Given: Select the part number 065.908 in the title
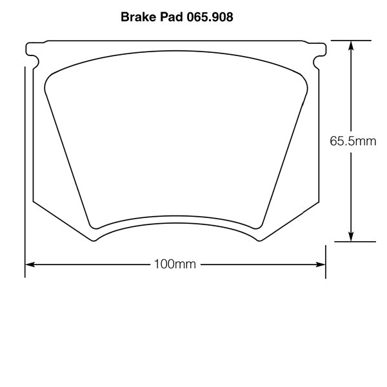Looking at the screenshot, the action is pyautogui.click(x=210, y=17).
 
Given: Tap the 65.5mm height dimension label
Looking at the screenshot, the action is pyautogui.click(x=353, y=141).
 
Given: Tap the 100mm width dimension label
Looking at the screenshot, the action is pyautogui.click(x=175, y=264).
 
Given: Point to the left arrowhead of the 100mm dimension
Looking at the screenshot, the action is pyautogui.click(x=30, y=264).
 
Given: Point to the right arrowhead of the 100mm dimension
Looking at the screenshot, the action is pyautogui.click(x=321, y=264).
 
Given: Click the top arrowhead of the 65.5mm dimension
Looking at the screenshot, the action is pyautogui.click(x=351, y=46).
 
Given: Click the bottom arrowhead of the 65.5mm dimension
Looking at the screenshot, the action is pyautogui.click(x=351, y=237).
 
